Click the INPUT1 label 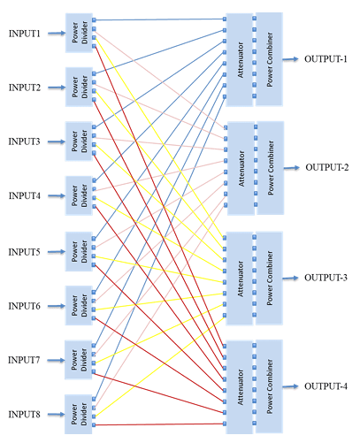coord(25,34)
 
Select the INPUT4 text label coord(25,195)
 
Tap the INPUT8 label coord(25,414)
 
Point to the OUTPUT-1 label coord(326,59)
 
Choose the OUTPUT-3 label coord(326,278)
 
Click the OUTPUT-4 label coord(326,386)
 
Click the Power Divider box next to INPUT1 coord(79,33)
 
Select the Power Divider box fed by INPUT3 coord(79,141)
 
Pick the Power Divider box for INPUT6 coord(79,305)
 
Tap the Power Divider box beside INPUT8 coord(79,414)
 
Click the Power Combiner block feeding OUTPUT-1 coord(268,59)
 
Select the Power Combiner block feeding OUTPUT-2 coord(268,168)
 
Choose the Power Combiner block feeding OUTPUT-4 coord(268,386)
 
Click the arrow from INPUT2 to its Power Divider coord(55,88)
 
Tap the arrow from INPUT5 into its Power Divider coord(55,252)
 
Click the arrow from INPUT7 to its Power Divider coord(55,360)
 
